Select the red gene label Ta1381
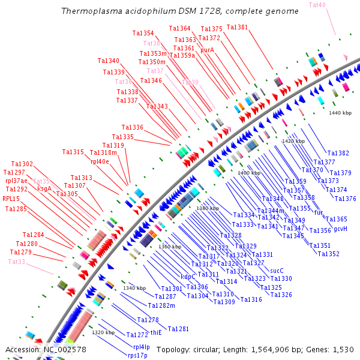point(237,28)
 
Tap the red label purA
point(207,50)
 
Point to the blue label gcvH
point(340,229)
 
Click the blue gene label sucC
point(277,271)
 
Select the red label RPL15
point(11,199)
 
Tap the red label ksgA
point(44,188)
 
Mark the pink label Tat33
point(17,262)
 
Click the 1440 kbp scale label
point(340,113)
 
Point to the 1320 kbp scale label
point(103,332)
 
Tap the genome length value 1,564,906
point(273,349)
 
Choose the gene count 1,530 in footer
point(344,349)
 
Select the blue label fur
point(319,212)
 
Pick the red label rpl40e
point(100,161)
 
